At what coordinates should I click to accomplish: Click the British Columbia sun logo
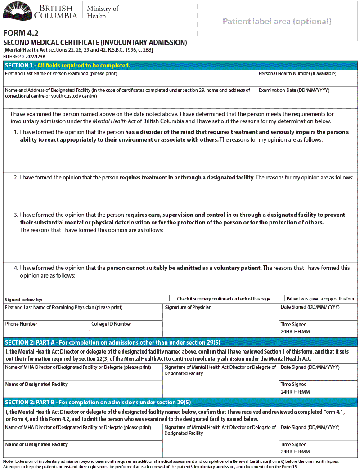click(x=18, y=11)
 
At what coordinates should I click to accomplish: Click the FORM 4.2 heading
click(x=21, y=33)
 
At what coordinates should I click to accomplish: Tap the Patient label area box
click(x=277, y=21)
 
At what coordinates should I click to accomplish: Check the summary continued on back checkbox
click(x=172, y=298)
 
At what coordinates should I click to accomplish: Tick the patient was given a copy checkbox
click(x=282, y=298)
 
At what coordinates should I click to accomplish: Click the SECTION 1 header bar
click(x=180, y=65)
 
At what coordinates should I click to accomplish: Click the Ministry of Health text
click(x=103, y=12)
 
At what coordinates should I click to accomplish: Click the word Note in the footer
click(x=8, y=461)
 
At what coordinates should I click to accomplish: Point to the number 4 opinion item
click(x=16, y=268)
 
